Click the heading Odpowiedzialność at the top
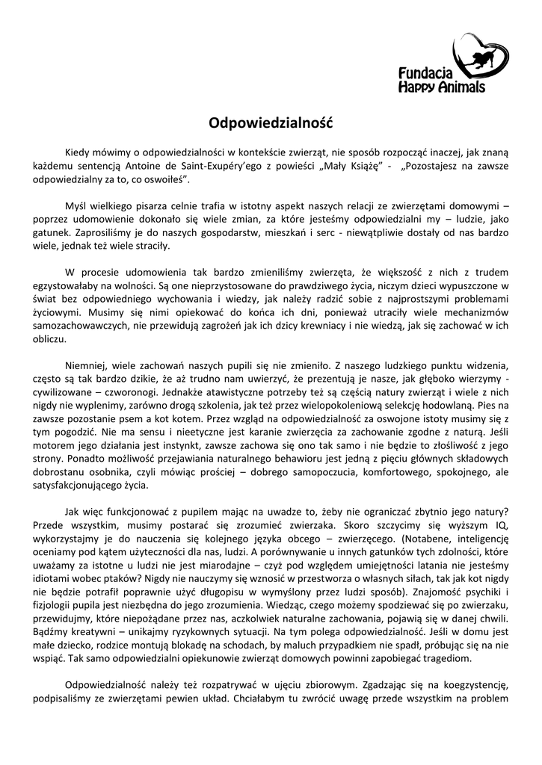pos(270,120)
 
